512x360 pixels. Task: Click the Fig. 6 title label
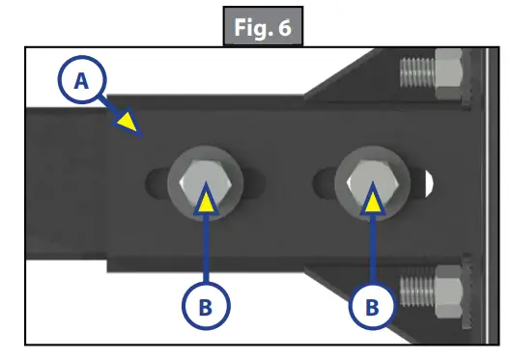(x=261, y=27)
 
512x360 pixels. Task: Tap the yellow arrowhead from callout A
(x=127, y=121)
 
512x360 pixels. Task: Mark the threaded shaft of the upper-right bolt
(x=414, y=71)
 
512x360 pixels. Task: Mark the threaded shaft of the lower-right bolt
(x=414, y=287)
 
